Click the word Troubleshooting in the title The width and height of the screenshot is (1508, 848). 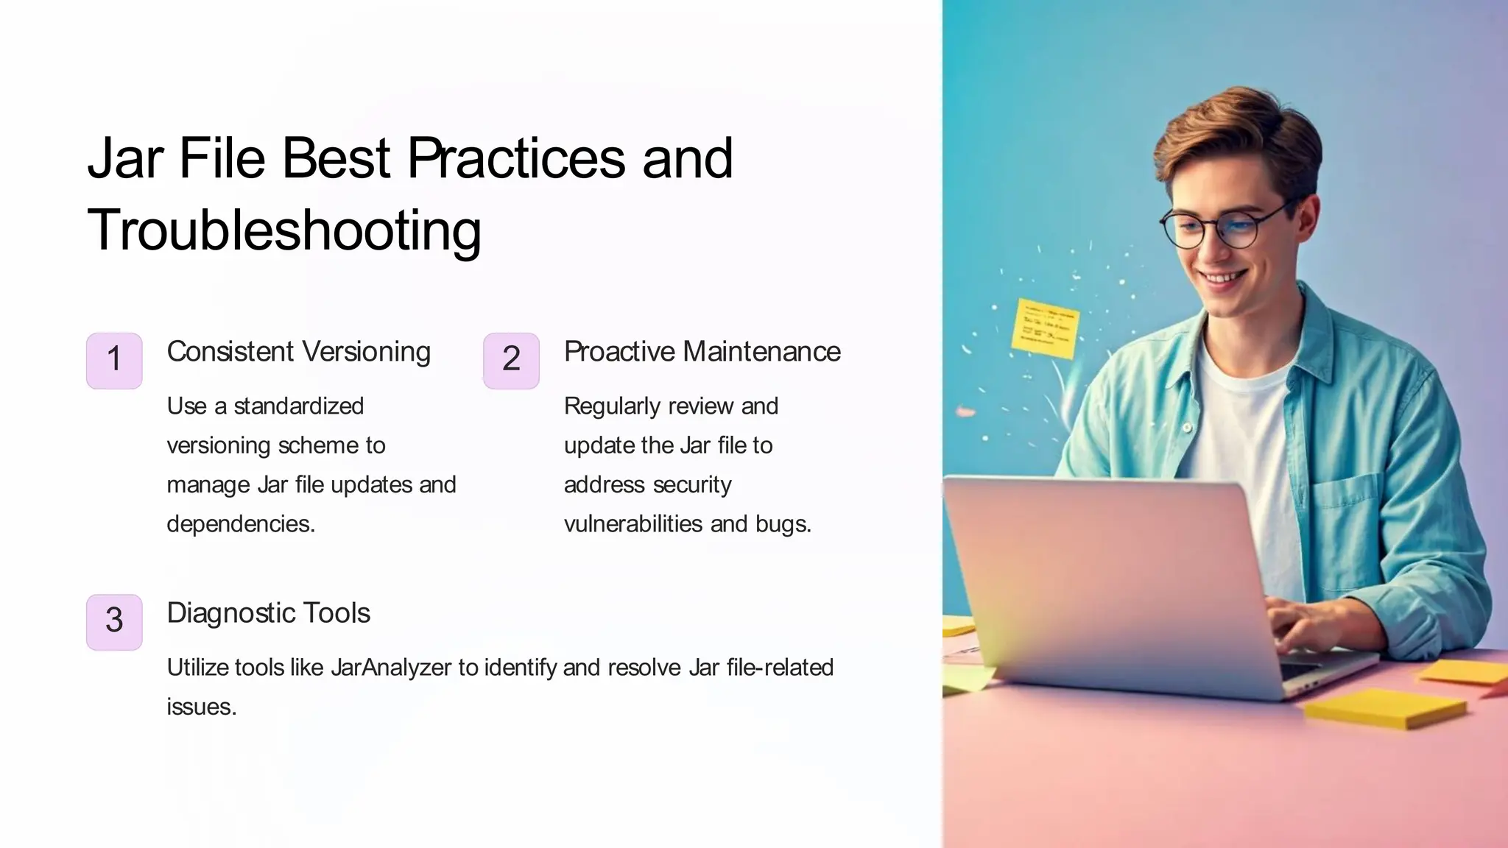click(284, 231)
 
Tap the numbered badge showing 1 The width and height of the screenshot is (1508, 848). click(114, 360)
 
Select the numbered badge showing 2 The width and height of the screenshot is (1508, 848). click(511, 360)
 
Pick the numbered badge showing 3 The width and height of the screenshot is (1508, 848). click(114, 621)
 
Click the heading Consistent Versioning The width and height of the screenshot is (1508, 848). click(298, 352)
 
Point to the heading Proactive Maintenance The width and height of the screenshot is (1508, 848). click(702, 352)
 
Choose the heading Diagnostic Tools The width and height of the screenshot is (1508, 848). click(268, 613)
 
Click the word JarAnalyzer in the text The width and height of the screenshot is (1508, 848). click(390, 668)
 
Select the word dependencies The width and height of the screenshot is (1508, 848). click(241, 524)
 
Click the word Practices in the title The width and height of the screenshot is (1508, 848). click(516, 158)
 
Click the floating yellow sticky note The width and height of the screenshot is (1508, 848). click(1045, 328)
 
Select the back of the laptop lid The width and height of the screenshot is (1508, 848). click(1104, 574)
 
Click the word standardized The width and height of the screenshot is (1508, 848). click(298, 406)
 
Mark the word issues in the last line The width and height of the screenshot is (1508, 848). click(200, 707)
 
